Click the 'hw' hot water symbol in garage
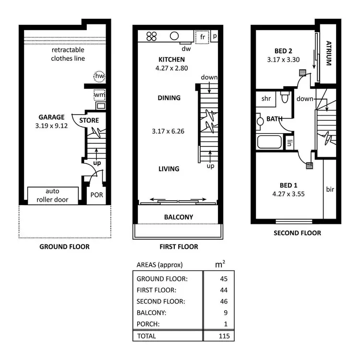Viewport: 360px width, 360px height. (x=99, y=76)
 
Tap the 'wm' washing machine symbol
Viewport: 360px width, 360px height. (x=99, y=94)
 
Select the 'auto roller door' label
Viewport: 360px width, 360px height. (x=53, y=195)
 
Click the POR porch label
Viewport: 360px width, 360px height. (x=97, y=196)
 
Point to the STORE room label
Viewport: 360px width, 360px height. (x=89, y=120)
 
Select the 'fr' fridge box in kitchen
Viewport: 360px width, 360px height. (x=202, y=36)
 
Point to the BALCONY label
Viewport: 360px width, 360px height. (x=179, y=217)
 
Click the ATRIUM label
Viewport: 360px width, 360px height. (x=329, y=53)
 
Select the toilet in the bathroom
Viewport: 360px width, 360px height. (x=285, y=98)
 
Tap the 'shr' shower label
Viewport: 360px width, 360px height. (x=266, y=99)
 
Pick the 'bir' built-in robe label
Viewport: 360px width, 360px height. (x=330, y=189)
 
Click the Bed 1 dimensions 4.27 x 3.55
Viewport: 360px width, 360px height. (x=289, y=194)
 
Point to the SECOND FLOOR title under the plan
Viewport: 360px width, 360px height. (x=297, y=233)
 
